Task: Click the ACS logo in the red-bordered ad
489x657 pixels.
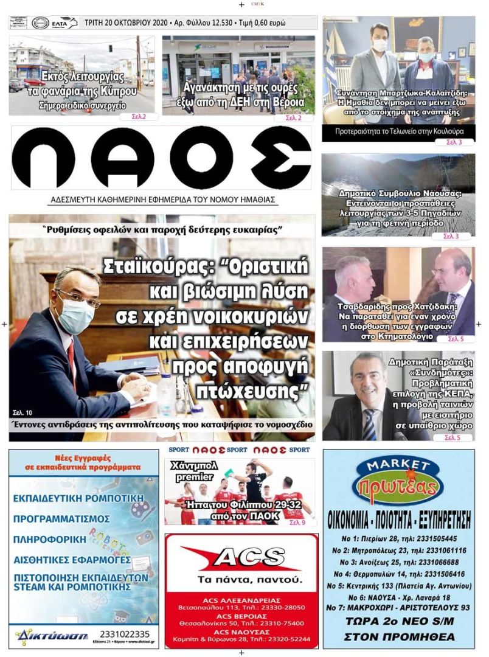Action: click(241, 557)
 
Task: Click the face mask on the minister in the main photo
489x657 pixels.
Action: click(73, 315)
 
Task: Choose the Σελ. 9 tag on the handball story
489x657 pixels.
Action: click(297, 522)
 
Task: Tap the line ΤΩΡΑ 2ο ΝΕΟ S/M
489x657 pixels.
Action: click(399, 622)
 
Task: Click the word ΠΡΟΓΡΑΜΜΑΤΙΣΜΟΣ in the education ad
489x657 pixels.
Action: click(62, 519)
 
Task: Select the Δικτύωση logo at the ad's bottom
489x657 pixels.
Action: click(43, 635)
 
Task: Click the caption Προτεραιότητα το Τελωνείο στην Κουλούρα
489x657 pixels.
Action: click(399, 131)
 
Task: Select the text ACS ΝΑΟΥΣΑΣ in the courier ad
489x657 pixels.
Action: click(241, 631)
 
